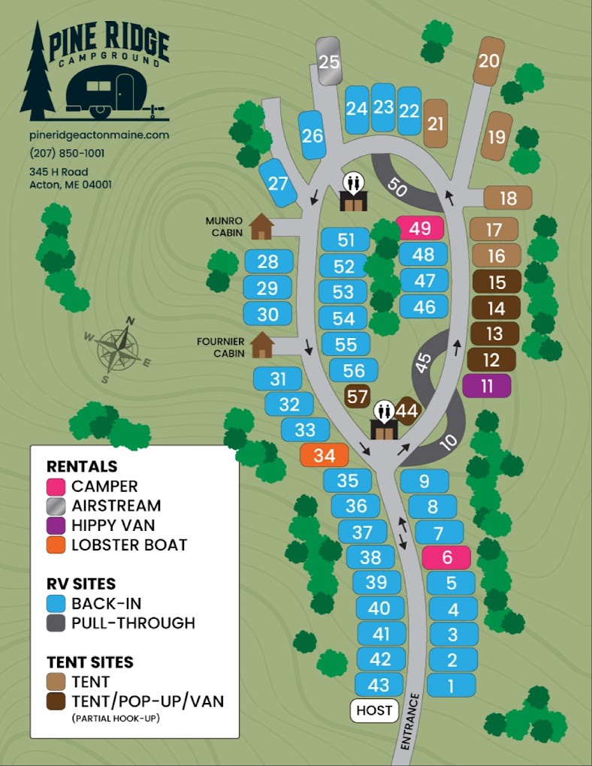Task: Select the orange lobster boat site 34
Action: coord(324,455)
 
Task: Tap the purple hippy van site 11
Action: coord(487,386)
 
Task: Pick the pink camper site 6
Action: coord(446,558)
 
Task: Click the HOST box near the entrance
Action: coord(374,710)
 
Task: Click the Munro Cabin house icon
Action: coord(261,226)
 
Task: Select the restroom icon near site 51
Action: coord(353,192)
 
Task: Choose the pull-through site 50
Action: coord(400,187)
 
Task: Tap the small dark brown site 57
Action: coord(356,395)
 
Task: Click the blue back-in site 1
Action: coord(452,685)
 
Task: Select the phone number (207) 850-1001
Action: coord(68,152)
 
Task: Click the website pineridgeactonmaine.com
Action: coord(99,135)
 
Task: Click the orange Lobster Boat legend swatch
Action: coord(56,545)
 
